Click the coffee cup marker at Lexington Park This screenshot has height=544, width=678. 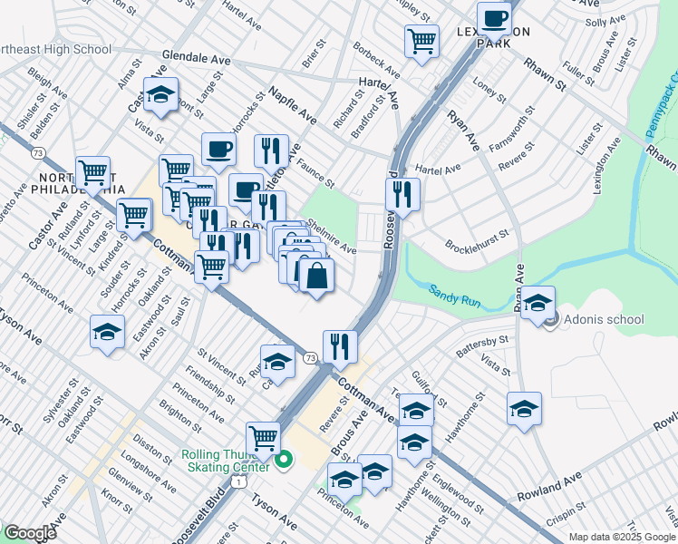click(x=494, y=17)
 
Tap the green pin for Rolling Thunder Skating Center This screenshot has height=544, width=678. click(x=283, y=461)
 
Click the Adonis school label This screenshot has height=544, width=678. click(x=603, y=319)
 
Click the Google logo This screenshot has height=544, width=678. click(x=29, y=533)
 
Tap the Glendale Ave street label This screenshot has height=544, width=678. click(x=196, y=58)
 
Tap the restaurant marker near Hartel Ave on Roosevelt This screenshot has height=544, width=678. click(x=402, y=194)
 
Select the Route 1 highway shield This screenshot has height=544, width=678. click(x=237, y=482)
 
